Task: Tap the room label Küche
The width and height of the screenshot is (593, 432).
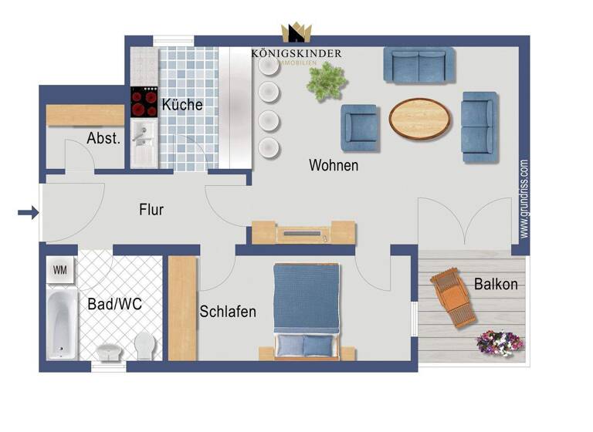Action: click(182, 105)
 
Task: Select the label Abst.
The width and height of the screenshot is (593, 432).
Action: click(103, 139)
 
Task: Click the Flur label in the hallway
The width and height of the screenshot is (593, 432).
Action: click(151, 209)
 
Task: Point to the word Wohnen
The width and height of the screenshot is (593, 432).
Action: click(334, 165)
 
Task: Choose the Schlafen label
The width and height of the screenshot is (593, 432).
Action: click(228, 312)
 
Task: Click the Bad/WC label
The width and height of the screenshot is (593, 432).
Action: click(114, 305)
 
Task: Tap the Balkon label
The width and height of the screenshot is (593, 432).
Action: click(496, 284)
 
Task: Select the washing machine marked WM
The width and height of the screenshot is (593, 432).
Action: click(59, 271)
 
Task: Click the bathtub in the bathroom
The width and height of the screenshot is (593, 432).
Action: click(62, 323)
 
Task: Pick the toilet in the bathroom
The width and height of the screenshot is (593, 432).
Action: click(144, 344)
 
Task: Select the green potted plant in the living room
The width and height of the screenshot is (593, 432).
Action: click(327, 80)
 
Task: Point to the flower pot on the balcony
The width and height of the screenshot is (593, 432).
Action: click(500, 341)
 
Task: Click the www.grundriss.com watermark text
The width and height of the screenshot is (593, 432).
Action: click(524, 198)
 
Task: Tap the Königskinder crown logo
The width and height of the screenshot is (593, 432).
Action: click(295, 33)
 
